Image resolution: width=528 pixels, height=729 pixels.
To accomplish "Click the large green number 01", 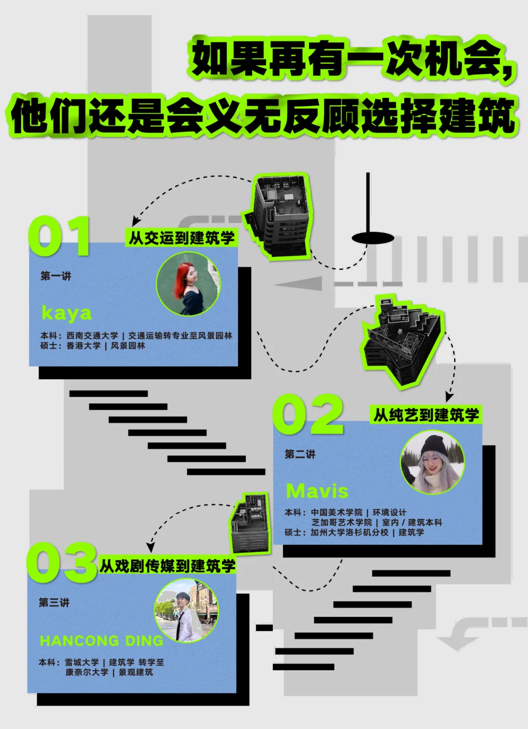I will (x=59, y=236).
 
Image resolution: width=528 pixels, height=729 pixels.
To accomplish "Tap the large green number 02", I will (x=308, y=414).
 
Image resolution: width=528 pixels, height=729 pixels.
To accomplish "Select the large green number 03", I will (x=61, y=563).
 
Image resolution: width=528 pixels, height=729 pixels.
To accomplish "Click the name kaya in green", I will (x=66, y=313).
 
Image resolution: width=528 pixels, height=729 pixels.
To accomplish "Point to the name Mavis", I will (x=317, y=491).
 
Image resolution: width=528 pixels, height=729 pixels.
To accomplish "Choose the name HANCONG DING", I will (x=102, y=640).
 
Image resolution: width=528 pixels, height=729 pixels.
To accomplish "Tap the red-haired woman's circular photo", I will (x=188, y=284).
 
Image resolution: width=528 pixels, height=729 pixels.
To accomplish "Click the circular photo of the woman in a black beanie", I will (x=432, y=462).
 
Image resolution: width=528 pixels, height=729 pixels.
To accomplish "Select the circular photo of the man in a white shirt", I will (x=186, y=611).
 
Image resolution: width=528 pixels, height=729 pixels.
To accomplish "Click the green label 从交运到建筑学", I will (x=181, y=238).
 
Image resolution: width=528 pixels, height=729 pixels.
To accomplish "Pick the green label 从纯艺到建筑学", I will (x=426, y=415).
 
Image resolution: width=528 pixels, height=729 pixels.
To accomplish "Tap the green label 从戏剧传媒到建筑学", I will (x=167, y=566).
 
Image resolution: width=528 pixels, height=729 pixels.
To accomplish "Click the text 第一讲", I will (x=56, y=276).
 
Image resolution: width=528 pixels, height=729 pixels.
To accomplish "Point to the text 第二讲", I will (x=300, y=454).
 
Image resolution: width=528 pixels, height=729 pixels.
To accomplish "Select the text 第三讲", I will (x=54, y=602).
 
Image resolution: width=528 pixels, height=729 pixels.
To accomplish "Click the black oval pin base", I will (x=373, y=238).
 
